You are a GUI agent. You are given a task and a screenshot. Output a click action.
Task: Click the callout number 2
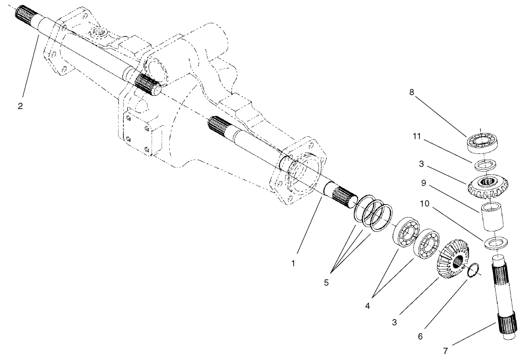coord(20,106)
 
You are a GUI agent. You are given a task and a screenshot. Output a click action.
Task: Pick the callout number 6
coord(420,336)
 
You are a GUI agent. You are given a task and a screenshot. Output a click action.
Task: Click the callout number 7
coord(446,351)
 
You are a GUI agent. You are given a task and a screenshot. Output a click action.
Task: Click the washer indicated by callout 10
coord(497,243)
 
